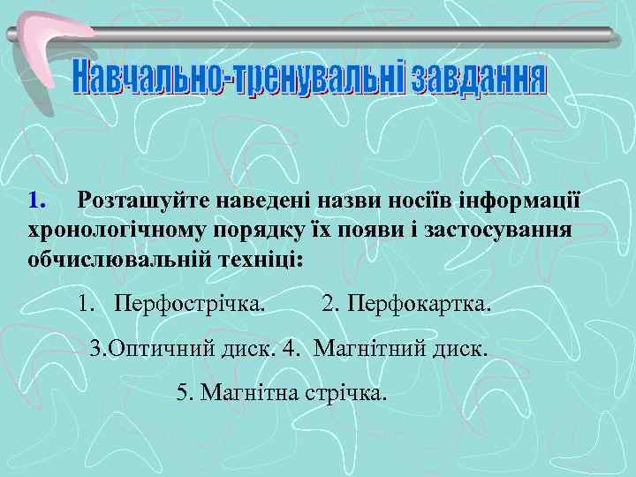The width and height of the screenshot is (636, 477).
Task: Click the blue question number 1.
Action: coord(35,200)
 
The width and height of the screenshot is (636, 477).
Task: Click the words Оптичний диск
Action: coord(188,347)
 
